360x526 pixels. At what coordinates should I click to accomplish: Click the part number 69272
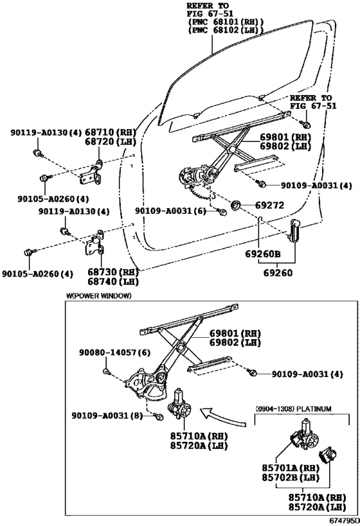click(269, 205)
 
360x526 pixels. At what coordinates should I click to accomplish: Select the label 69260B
click(263, 254)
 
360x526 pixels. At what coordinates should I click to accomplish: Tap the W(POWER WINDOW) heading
click(99, 295)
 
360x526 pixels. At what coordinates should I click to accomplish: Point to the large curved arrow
click(222, 417)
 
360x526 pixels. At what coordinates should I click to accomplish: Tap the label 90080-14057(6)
click(115, 353)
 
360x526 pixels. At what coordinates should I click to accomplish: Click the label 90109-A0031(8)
click(107, 416)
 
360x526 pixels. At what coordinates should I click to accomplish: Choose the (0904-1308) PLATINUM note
click(294, 409)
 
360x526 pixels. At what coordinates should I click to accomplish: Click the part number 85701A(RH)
click(291, 468)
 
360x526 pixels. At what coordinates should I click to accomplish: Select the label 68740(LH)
click(113, 281)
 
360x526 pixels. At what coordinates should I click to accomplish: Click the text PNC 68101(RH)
click(226, 22)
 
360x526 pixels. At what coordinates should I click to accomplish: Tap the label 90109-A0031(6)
click(170, 211)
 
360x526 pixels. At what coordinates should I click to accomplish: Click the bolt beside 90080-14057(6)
click(107, 371)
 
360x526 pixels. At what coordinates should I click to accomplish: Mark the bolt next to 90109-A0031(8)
click(159, 417)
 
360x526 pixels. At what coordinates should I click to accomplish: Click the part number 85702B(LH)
click(291, 477)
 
